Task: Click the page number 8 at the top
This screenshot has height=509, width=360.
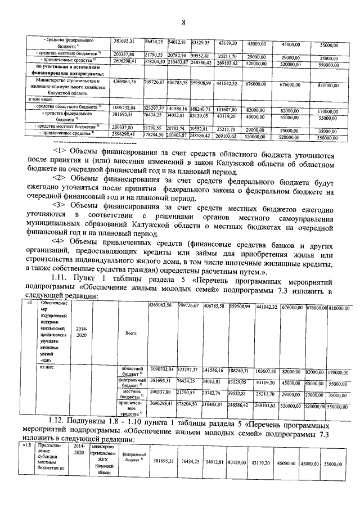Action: tap(183, 22)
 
